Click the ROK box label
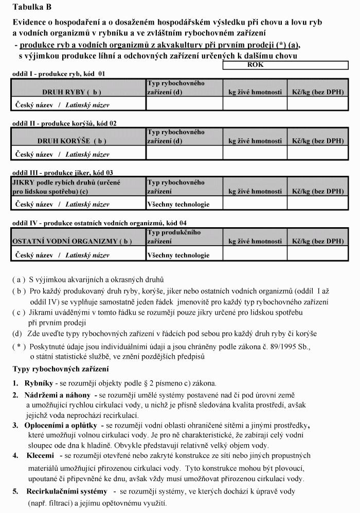255,65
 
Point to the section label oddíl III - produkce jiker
62,173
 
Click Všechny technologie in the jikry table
178,204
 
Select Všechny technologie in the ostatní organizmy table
178,254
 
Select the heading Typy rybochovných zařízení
60,369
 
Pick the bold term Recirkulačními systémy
67,491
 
